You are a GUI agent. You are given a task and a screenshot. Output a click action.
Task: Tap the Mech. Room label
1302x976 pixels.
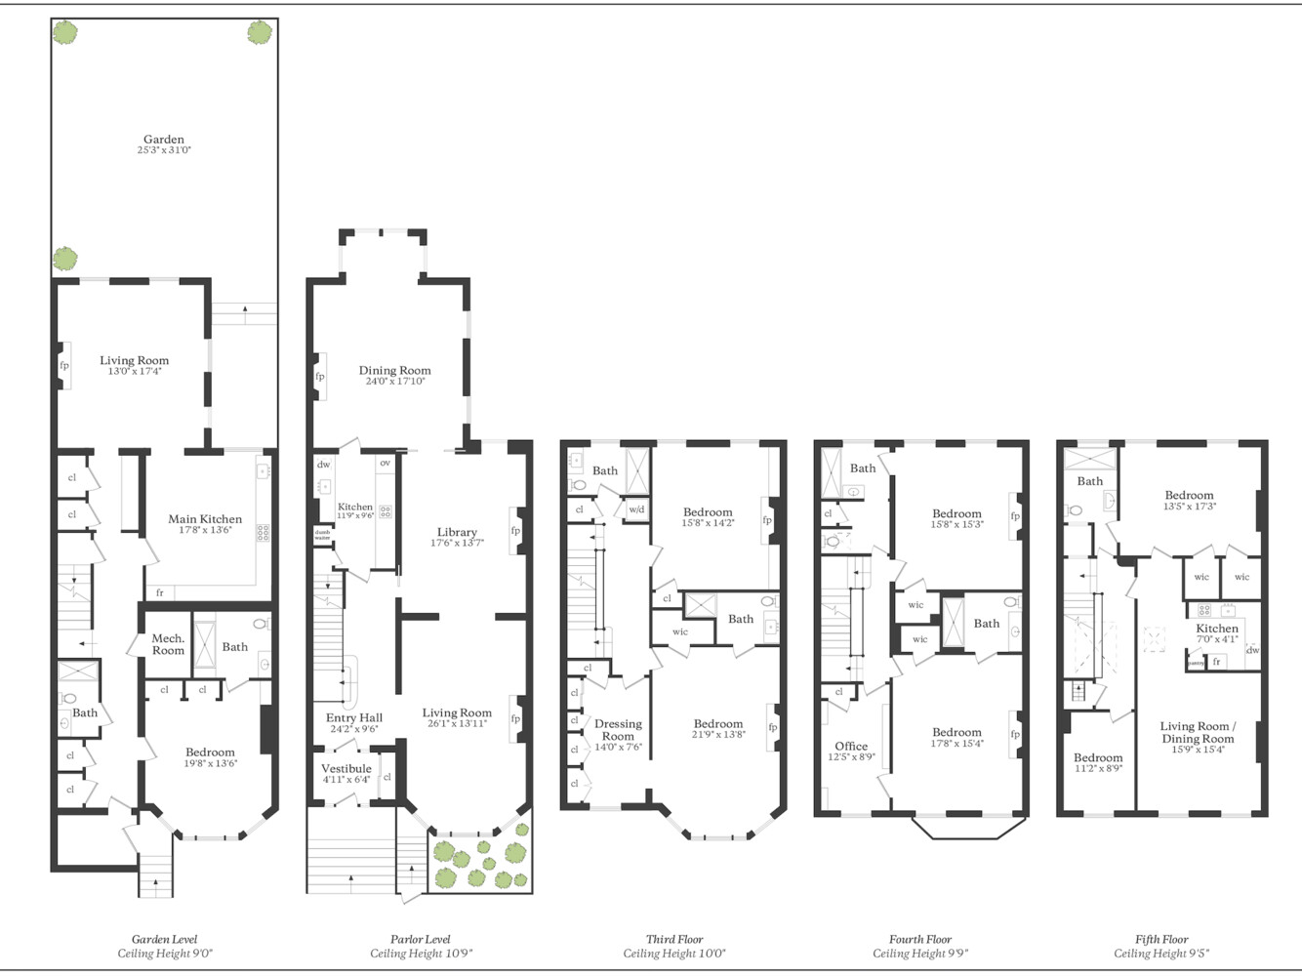coord(168,644)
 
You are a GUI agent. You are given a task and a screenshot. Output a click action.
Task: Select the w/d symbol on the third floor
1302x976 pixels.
coord(636,509)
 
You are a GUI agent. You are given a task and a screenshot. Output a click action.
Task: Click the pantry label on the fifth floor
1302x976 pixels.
coord(1195,663)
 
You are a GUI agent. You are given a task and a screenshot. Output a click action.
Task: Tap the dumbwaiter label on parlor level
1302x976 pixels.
coord(322,535)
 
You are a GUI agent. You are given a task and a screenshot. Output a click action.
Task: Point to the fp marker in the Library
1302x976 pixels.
coord(515,531)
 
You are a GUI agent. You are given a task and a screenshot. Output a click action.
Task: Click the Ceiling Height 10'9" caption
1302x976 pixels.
coord(421,954)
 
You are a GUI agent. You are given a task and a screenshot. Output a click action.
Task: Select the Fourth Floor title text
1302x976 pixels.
coord(919,939)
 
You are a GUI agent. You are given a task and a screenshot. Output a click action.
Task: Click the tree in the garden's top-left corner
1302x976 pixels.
coord(64,32)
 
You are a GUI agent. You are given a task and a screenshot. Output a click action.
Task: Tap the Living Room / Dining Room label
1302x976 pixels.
coord(1198,732)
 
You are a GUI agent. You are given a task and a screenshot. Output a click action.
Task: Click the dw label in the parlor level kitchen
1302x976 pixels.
coord(323,465)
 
